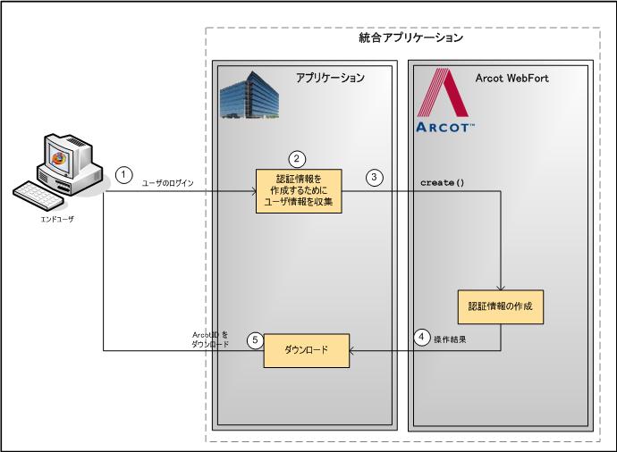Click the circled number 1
[x=125, y=175]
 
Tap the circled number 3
[x=376, y=176]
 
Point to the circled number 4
[x=422, y=338]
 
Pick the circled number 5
[x=256, y=339]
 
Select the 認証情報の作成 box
[x=500, y=306]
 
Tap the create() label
[x=443, y=182]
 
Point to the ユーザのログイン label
[x=168, y=182]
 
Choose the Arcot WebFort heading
[x=512, y=78]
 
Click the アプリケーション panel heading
[x=330, y=78]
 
